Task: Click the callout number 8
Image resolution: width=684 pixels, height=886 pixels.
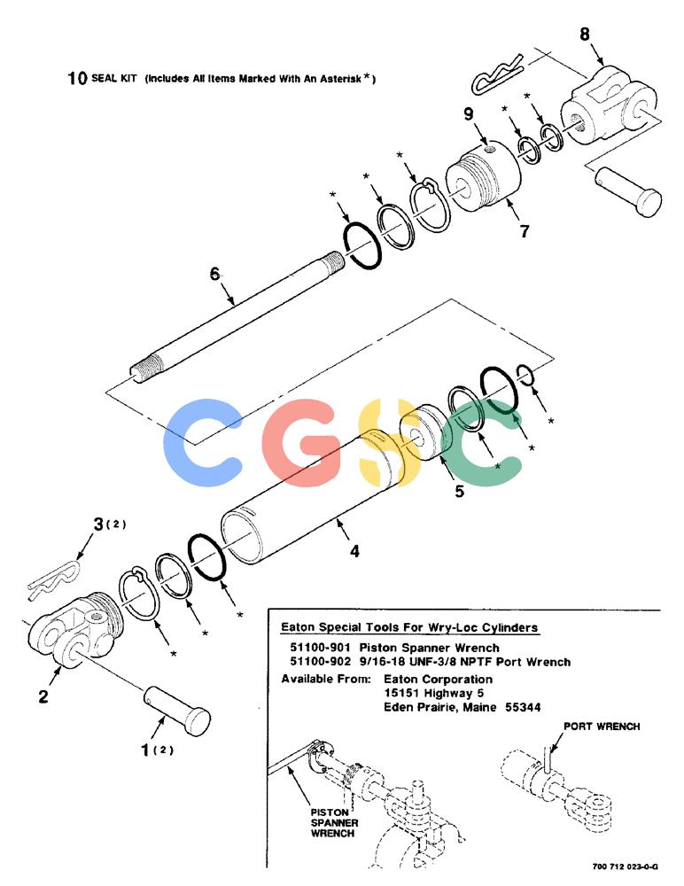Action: click(585, 34)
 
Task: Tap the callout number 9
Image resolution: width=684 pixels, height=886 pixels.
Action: click(469, 114)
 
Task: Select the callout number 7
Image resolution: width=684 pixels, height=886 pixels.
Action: click(525, 231)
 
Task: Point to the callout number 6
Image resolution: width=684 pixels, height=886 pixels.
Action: click(214, 274)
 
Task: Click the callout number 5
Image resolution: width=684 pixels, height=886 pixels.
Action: click(460, 491)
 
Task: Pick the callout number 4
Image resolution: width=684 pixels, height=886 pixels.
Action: click(354, 551)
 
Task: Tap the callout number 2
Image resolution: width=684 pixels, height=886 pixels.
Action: click(43, 696)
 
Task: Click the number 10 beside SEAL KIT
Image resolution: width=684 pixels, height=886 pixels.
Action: click(77, 78)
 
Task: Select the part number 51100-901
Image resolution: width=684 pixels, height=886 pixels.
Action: click(321, 648)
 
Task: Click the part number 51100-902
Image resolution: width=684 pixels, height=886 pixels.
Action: click(321, 662)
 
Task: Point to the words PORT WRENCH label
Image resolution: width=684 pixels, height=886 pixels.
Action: click(602, 727)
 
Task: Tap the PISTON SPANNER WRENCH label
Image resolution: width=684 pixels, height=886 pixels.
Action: click(334, 822)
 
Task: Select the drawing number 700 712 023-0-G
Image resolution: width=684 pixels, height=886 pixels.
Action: click(626, 867)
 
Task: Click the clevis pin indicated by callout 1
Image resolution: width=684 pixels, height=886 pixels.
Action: click(177, 711)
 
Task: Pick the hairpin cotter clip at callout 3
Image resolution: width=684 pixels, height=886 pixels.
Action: click(54, 579)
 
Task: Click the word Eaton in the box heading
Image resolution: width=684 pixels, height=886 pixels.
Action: click(299, 627)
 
